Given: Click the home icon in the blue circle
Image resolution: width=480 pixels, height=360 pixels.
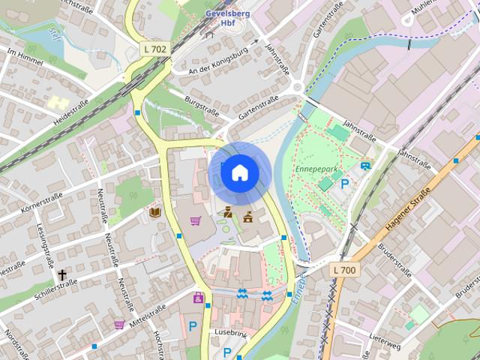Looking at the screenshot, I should click(239, 173).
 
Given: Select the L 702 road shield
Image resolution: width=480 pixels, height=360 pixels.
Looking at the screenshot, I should click(155, 49).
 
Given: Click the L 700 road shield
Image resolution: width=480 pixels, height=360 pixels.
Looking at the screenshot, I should click(344, 268).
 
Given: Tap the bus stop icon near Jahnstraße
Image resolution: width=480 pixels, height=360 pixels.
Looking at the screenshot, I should click(365, 166).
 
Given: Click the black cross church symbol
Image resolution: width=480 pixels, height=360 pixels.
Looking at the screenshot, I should click(62, 275).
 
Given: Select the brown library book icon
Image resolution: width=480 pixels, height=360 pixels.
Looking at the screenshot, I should click(155, 213).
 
